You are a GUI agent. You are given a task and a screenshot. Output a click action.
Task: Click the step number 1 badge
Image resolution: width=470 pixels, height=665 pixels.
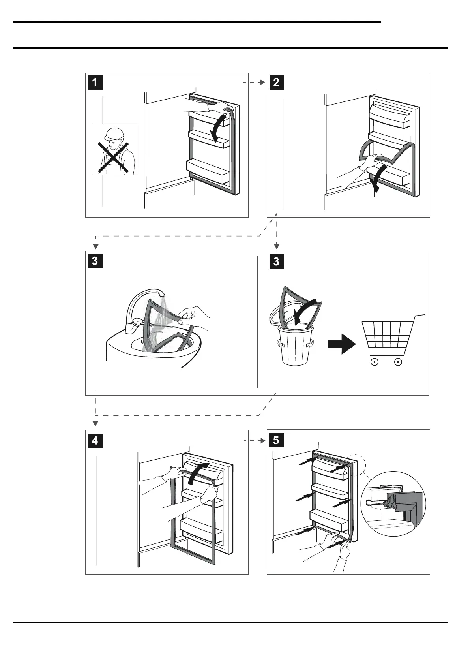95,83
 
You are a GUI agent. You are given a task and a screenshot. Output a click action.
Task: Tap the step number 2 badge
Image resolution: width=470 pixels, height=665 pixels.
276,83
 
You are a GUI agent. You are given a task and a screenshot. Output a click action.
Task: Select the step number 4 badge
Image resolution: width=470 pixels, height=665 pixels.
95,440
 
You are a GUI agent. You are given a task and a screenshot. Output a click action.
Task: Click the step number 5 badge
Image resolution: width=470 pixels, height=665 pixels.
276,440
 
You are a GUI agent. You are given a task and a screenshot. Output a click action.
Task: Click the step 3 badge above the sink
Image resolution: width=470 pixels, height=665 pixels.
95,261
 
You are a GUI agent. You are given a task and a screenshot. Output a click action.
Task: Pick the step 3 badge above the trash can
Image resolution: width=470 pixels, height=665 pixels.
276,261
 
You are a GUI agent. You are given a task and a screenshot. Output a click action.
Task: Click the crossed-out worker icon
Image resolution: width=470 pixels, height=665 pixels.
115,150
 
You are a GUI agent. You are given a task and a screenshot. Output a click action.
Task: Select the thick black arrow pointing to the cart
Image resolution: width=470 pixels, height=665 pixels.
341,344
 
